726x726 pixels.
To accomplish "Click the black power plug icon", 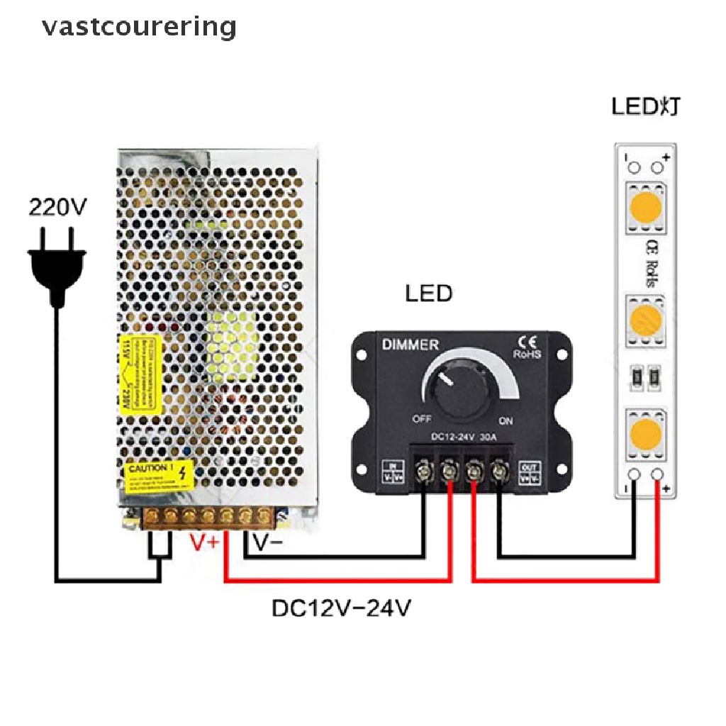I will pos(57,267).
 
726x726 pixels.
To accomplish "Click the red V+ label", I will pos(206,542).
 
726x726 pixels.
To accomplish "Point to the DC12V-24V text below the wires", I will pos(341,608).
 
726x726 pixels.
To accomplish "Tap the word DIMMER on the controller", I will pos(411,345).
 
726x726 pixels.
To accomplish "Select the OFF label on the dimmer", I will pos(421,419).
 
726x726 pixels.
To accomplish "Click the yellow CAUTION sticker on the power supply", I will pos(158,477).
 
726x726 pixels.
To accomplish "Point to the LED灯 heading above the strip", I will pos(647,107).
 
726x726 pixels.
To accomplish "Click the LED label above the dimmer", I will pos(428,293).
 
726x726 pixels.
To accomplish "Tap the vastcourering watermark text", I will pos(139,27).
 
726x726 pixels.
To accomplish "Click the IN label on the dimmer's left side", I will pos(391,472).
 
